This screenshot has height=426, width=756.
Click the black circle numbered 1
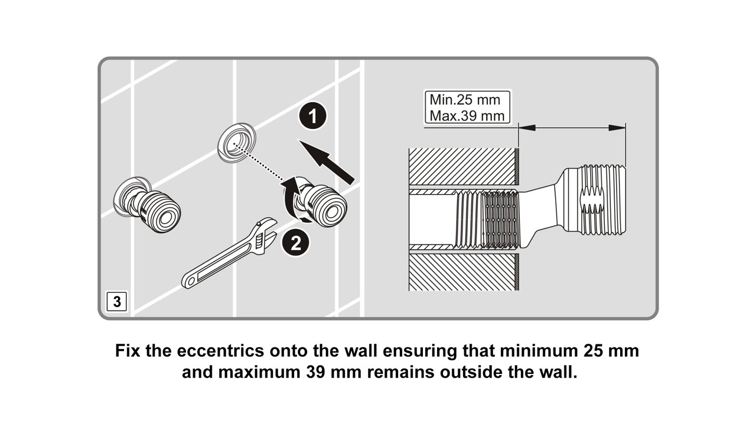coord(312,116)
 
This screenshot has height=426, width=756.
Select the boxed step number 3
coord(117,301)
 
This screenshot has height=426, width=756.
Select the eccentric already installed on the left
coord(148,205)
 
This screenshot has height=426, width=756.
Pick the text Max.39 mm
coord(467,115)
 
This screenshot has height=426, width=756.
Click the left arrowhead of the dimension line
coord(526,127)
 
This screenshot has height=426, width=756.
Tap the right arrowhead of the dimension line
coord(618,127)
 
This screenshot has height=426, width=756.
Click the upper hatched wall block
coord(463,166)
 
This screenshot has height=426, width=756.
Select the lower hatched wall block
coord(463,272)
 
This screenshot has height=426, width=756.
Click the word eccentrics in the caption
coord(219,350)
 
